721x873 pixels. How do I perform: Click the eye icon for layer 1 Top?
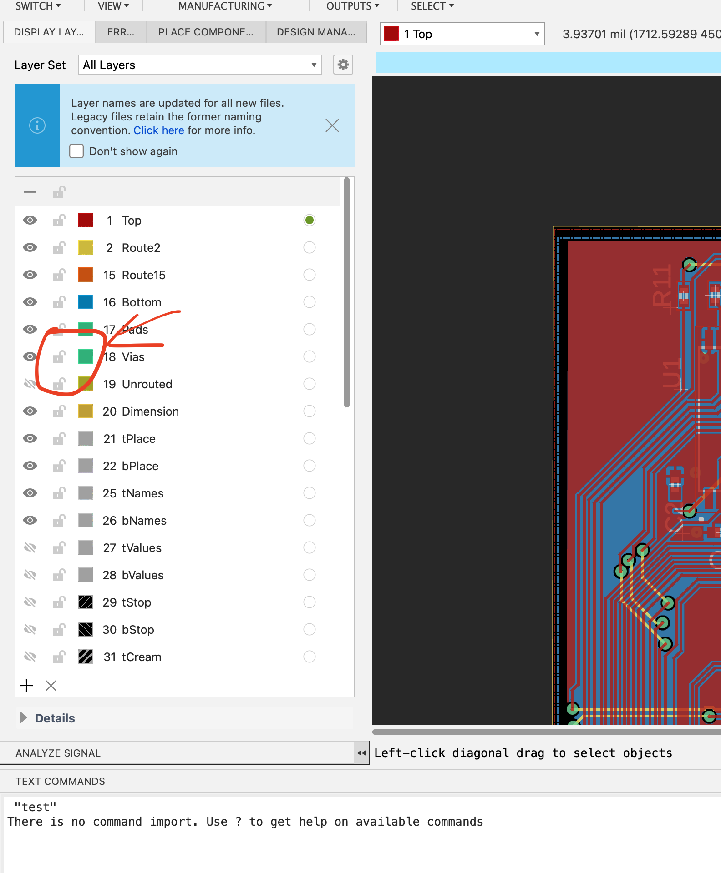click(x=30, y=221)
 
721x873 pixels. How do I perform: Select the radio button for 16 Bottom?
click(x=309, y=302)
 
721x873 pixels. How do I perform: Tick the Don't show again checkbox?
click(x=76, y=151)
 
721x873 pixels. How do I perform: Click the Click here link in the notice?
click(x=158, y=130)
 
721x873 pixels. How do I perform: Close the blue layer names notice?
click(x=332, y=125)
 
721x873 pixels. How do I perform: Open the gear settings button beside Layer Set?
click(x=343, y=65)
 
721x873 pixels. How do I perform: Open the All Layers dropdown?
click(x=200, y=65)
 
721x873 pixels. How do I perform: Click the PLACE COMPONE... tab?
click(x=206, y=32)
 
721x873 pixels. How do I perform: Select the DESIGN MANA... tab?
click(x=316, y=32)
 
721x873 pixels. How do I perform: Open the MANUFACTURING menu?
click(x=225, y=6)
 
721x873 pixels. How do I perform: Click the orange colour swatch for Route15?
click(x=86, y=275)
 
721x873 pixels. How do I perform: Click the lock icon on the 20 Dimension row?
click(x=59, y=411)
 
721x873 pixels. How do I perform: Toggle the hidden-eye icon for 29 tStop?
click(x=30, y=602)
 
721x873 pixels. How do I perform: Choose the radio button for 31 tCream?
click(x=309, y=657)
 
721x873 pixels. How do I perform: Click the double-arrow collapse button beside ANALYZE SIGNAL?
click(x=361, y=753)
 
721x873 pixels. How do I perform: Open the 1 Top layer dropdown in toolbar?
click(x=462, y=34)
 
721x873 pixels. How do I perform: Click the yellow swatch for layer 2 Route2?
click(x=86, y=247)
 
